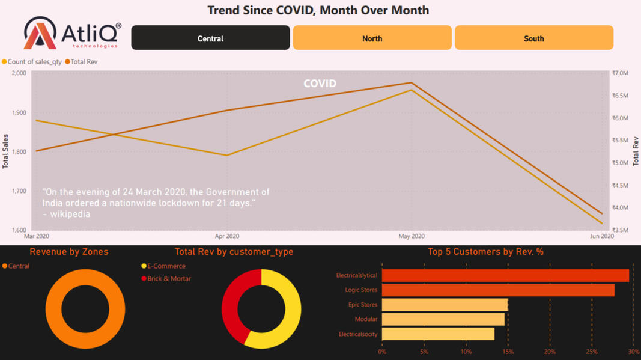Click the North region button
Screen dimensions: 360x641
point(372,38)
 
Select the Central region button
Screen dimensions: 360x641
point(210,38)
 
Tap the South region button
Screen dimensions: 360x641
point(533,38)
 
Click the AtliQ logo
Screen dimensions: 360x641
point(72,33)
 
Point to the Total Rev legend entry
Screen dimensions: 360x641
point(84,62)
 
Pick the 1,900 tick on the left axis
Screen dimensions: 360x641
point(19,112)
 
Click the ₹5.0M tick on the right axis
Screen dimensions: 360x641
point(620,163)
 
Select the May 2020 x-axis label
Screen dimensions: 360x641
point(411,236)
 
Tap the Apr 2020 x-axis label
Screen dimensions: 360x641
point(227,236)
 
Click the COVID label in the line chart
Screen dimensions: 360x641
point(320,84)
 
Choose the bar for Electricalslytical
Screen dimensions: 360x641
point(505,276)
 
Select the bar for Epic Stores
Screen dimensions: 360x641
point(445,305)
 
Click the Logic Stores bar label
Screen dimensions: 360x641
point(361,290)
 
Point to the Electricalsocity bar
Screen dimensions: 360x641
point(438,334)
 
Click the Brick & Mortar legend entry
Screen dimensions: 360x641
point(169,279)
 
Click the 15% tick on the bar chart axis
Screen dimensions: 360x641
point(508,352)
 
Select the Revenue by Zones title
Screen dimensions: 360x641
point(69,252)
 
